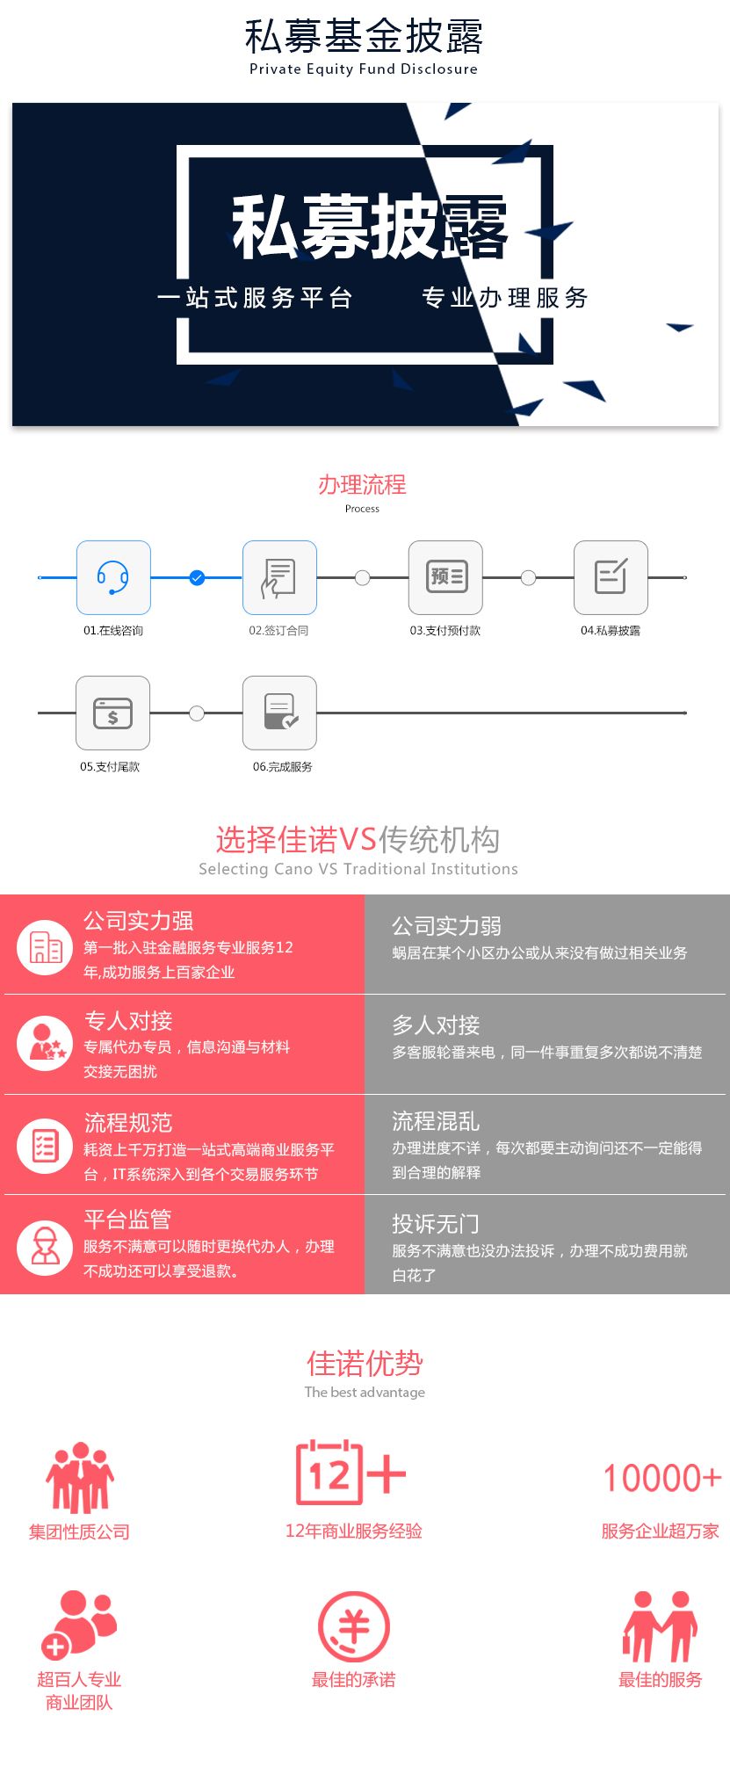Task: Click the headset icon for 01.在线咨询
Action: (x=113, y=577)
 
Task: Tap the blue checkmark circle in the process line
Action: (x=197, y=577)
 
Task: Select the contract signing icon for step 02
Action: (x=279, y=577)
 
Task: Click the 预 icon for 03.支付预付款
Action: (x=445, y=577)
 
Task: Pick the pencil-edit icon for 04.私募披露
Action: (x=611, y=577)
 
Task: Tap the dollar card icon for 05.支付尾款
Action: (x=112, y=713)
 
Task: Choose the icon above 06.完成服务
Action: (x=279, y=713)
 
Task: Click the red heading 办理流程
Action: (x=362, y=484)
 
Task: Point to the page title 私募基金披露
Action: (x=364, y=37)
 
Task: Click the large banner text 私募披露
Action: (x=370, y=227)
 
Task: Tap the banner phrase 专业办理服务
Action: (x=505, y=298)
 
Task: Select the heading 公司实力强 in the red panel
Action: (x=138, y=921)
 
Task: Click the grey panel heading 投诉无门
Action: (x=436, y=1224)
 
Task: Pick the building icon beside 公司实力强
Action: (x=45, y=947)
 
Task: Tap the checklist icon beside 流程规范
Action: (x=45, y=1146)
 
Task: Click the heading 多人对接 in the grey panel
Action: (x=436, y=1025)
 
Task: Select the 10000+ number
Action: (x=662, y=1478)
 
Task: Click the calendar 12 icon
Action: (x=351, y=1473)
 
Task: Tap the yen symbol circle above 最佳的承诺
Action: (x=353, y=1626)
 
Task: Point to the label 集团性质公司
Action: (x=79, y=1531)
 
